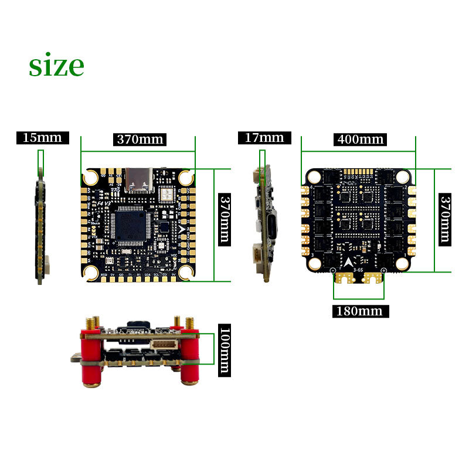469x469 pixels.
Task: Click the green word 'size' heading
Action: click(56, 66)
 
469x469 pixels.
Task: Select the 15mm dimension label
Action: click(42, 138)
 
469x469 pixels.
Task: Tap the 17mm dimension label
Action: click(264, 138)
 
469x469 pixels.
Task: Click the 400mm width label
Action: click(360, 139)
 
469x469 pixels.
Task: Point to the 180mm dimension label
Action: click(359, 311)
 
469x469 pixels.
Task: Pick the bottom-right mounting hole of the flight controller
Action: click(186, 271)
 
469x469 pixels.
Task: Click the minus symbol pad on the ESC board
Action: click(333, 270)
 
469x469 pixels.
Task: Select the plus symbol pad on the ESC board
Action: click(382, 270)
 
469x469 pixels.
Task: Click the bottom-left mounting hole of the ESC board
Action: click(315, 263)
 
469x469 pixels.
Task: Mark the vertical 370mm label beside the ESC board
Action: click(445, 219)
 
